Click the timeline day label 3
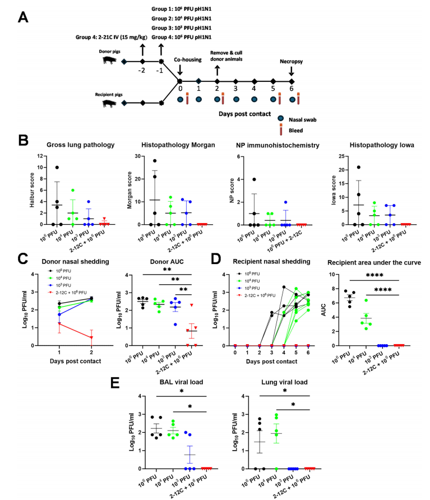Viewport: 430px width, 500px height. (x=235, y=89)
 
